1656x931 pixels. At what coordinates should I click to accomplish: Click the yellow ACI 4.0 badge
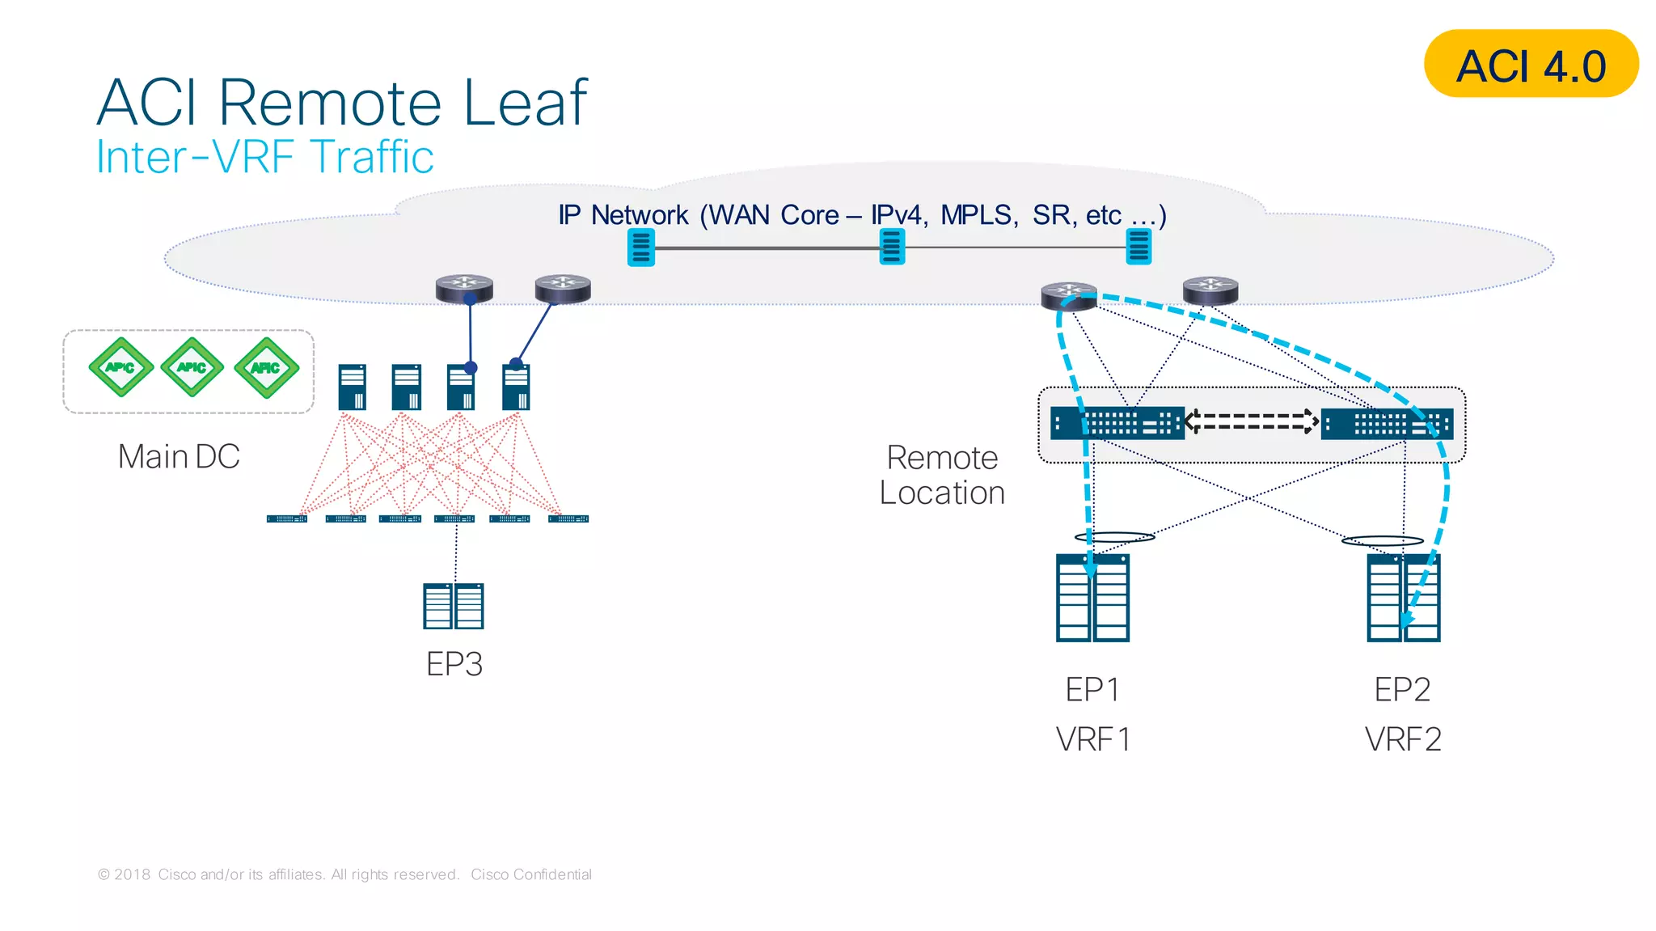[1530, 65]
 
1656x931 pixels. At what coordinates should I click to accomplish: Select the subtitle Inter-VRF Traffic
[264, 157]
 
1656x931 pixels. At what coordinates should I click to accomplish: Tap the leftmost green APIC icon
[120, 367]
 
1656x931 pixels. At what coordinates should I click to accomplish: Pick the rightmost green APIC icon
[266, 368]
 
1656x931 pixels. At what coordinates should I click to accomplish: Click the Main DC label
[179, 456]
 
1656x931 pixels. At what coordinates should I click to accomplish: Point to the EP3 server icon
[453, 606]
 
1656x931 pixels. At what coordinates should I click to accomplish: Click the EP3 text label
[454, 664]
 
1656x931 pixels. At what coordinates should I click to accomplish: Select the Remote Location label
[942, 475]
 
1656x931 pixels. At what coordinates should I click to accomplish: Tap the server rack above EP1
[1092, 598]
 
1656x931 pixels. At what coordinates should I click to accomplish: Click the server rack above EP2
[1403, 598]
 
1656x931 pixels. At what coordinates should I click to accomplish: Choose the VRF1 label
[1092, 738]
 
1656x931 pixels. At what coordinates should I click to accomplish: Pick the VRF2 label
[1403, 738]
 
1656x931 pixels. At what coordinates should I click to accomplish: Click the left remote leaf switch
[1117, 423]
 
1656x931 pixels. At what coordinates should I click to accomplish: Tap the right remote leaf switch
[1386, 423]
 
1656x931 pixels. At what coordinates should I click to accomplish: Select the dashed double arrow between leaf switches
[1252, 421]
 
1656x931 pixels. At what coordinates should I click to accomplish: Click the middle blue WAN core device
[891, 247]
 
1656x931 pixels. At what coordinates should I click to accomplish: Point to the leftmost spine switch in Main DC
[353, 387]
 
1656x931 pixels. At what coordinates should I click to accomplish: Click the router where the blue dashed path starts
[1068, 296]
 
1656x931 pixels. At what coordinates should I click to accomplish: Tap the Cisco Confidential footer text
[531, 874]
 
